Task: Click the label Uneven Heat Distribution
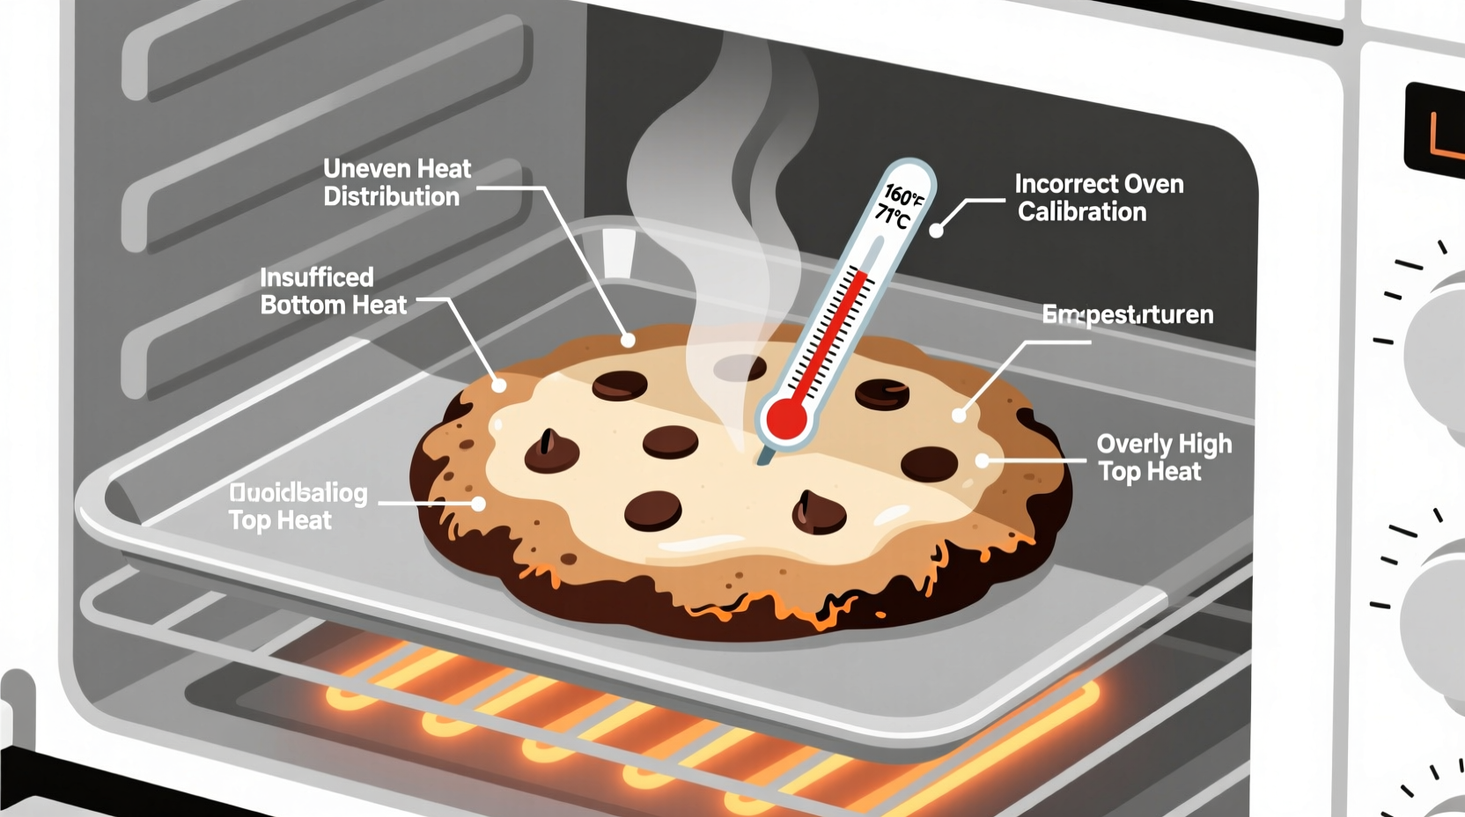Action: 396,182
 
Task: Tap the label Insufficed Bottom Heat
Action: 333,291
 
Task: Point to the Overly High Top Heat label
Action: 1163,457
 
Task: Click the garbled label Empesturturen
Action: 1127,314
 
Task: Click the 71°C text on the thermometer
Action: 892,216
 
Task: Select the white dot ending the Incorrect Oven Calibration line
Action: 937,231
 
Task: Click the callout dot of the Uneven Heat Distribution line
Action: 628,340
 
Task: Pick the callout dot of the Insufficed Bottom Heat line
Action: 499,385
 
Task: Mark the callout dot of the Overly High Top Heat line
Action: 983,460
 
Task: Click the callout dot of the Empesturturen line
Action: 959,415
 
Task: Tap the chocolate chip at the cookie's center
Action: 670,441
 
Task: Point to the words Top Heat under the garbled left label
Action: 280,520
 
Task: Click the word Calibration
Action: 1082,211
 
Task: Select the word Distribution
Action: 391,196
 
